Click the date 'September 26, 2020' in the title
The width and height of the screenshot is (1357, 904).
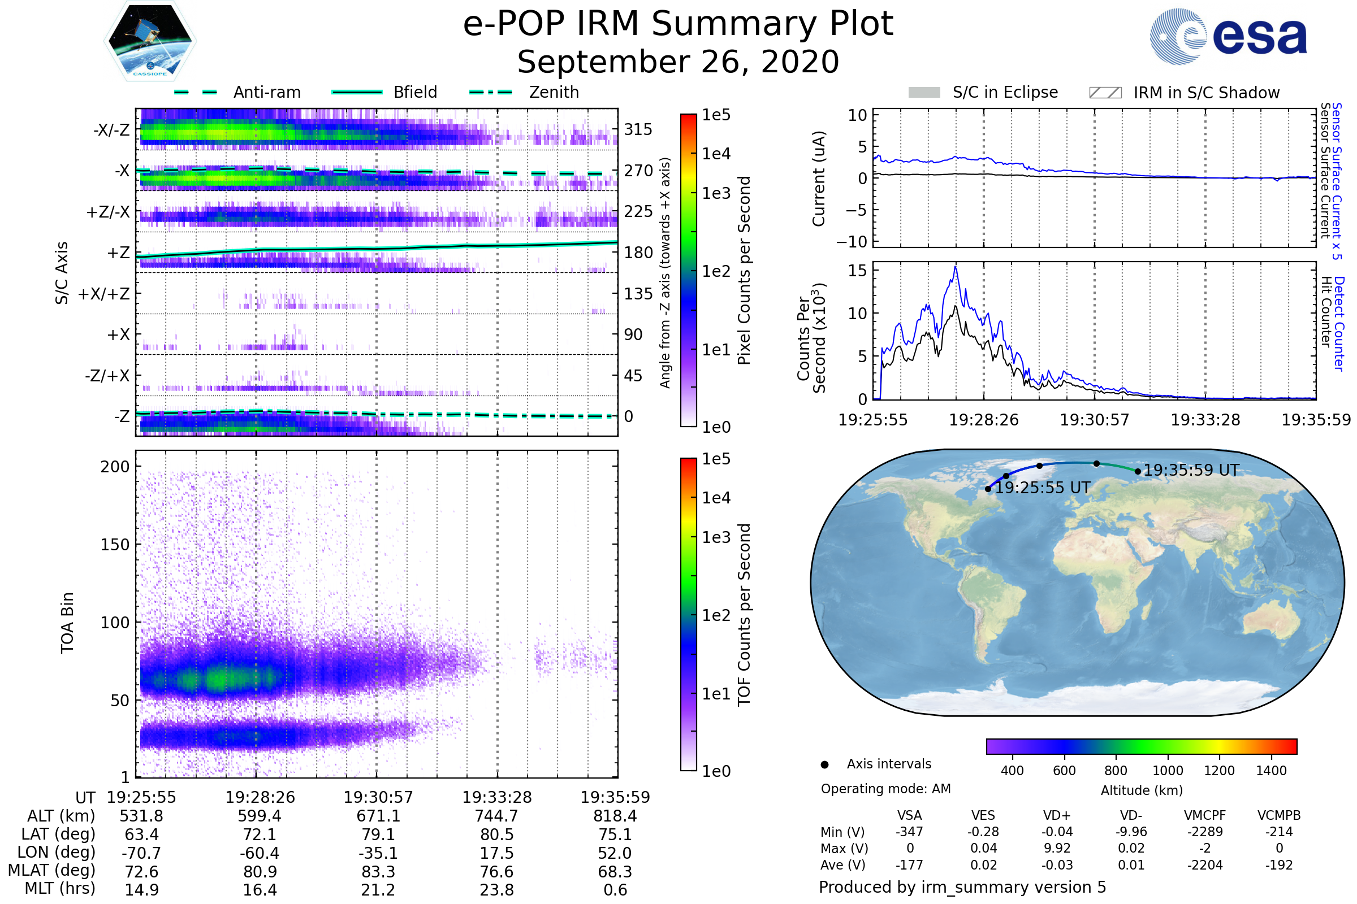click(x=678, y=62)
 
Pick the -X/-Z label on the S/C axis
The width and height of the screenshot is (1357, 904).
click(x=111, y=130)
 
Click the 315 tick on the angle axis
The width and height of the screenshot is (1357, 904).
click(x=638, y=130)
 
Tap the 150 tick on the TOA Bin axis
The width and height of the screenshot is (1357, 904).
click(x=115, y=545)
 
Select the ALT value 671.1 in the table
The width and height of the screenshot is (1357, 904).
click(x=378, y=816)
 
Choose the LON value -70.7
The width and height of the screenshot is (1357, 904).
click(x=141, y=853)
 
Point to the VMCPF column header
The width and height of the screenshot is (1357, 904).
click(x=1205, y=816)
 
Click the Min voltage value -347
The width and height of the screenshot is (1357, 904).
click(x=909, y=832)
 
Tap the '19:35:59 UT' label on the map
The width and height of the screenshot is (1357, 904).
click(x=1191, y=471)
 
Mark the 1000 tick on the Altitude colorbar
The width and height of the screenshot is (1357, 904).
click(x=1167, y=771)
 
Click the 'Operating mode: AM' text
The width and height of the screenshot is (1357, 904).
click(x=885, y=789)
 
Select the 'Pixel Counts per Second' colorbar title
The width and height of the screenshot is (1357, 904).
click(x=744, y=271)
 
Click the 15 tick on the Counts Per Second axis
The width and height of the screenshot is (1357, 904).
click(x=857, y=271)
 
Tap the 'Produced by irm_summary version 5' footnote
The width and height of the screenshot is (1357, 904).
click(x=962, y=887)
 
